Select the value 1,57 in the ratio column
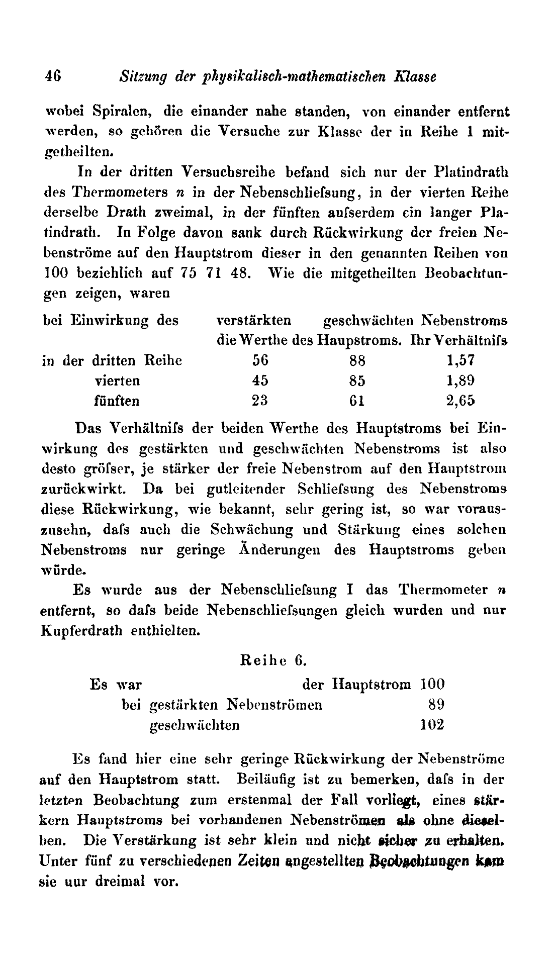[460, 360]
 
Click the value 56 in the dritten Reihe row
[260, 360]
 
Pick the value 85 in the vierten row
[357, 380]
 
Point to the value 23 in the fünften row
[260, 401]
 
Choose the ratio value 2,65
[460, 401]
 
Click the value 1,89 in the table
[460, 380]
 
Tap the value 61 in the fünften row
[357, 401]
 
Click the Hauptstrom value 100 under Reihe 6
[432, 684]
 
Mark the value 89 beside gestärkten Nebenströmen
[436, 705]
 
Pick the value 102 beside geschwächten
[432, 725]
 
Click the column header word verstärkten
[253, 320]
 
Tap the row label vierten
[117, 380]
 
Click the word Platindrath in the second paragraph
[471, 172]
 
